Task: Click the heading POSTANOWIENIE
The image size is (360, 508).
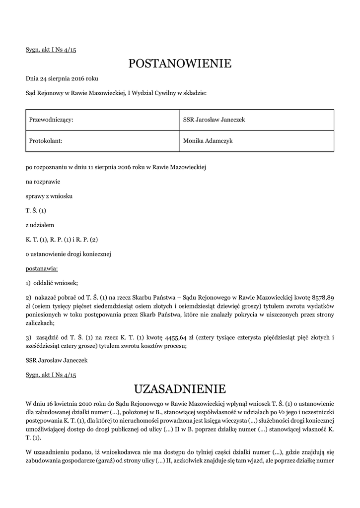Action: tap(180, 63)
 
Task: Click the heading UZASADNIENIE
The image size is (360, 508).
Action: tap(180, 388)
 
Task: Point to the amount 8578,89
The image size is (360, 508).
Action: tap(322, 297)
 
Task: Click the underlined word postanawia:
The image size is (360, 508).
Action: tap(42, 269)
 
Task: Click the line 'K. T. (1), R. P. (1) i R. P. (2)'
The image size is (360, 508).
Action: tap(62, 240)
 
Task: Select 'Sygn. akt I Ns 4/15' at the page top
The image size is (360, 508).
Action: tap(54, 50)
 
